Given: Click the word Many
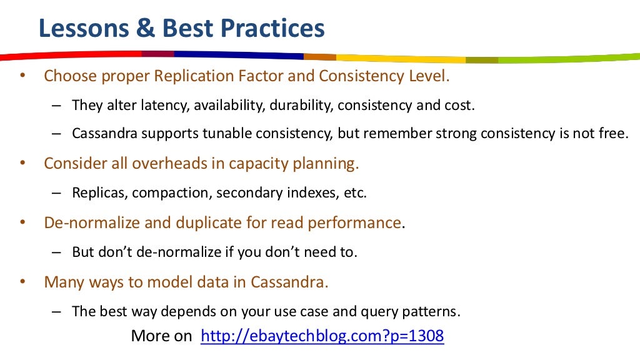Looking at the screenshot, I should click(x=62, y=282).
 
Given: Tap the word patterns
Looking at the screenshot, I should click(x=432, y=311).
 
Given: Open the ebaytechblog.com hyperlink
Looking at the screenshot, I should click(x=322, y=336).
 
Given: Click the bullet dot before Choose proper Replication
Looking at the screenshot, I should click(x=22, y=76).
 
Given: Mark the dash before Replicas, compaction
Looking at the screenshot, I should click(x=56, y=192).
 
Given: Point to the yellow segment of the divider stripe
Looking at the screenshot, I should click(x=400, y=58).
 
